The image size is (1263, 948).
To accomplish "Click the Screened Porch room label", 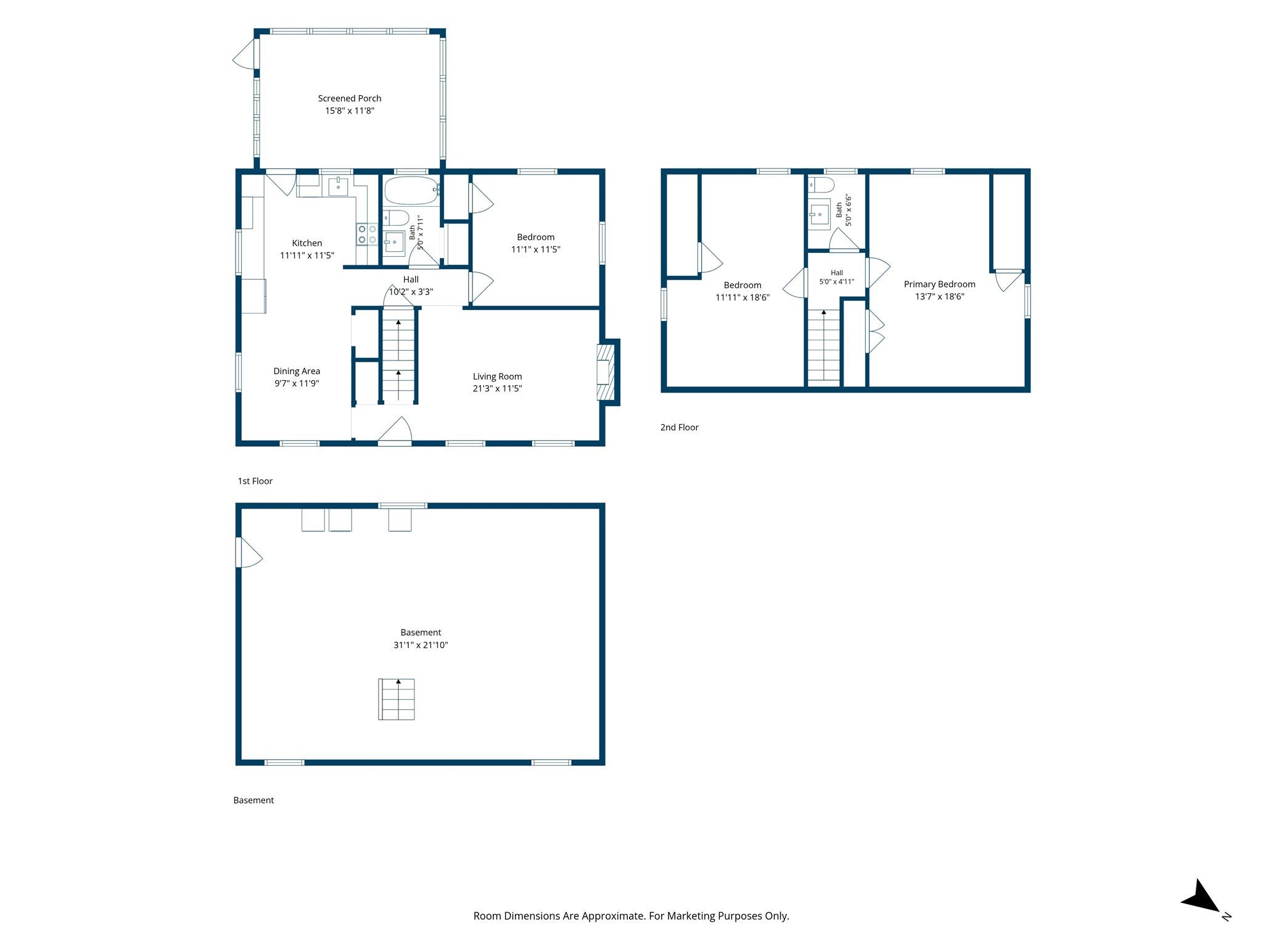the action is pos(350,98).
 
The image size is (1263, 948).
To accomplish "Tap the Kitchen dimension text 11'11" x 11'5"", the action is pos(307,255).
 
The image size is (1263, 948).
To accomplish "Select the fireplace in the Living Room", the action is pos(606,372).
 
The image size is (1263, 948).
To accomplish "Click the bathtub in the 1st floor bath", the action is pos(411,191).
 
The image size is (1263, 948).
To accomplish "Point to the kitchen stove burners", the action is pos(368,234).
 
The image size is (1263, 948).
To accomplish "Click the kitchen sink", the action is pos(338,186).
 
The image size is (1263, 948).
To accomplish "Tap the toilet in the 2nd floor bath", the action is pos(821,185).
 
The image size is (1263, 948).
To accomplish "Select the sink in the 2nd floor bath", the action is pos(820,215).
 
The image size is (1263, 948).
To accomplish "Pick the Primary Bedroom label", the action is pos(939,284).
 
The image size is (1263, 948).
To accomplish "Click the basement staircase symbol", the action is pos(397,699).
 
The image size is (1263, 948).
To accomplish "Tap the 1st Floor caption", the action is pos(255,481).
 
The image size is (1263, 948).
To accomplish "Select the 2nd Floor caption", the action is pos(680,427).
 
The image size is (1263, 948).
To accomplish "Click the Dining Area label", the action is pos(297,371).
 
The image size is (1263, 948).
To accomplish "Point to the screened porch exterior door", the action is pos(244,54).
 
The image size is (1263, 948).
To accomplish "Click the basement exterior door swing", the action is pos(249,552).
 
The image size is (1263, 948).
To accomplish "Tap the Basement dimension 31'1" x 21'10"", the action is pos(421,645).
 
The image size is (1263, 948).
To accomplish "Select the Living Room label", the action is pos(497,376).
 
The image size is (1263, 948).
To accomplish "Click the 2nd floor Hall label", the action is pos(837,273).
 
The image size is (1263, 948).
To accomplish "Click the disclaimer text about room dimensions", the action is pos(631,916).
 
